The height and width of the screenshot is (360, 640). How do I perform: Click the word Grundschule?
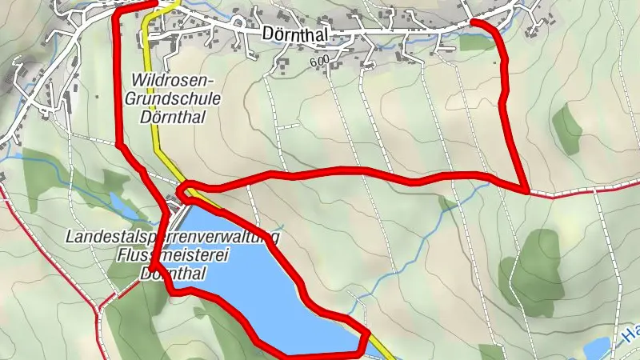pyautogui.click(x=174, y=98)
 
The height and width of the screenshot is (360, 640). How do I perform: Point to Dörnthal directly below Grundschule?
pyautogui.click(x=174, y=117)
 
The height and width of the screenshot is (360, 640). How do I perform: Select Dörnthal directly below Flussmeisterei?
pyautogui.click(x=173, y=273)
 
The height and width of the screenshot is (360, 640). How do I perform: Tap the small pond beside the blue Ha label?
pyautogui.click(x=598, y=348)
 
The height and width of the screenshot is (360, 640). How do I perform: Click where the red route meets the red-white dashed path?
pyautogui.click(x=526, y=191)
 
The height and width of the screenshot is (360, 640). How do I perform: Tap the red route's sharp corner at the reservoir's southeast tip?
pyautogui.click(x=367, y=335)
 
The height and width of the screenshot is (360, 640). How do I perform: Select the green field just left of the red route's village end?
pyautogui.click(x=478, y=42)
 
